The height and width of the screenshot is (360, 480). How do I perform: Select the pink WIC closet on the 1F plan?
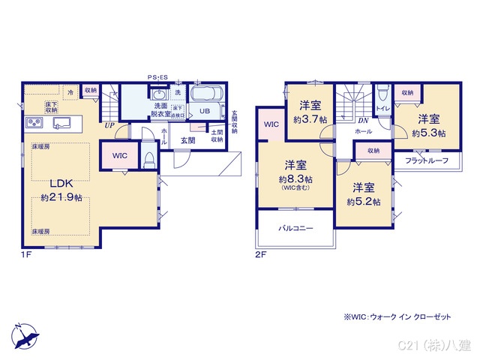(120, 156)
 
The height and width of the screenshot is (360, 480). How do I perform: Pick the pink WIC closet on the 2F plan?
(271, 124)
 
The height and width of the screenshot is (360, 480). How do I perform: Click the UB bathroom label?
(204, 110)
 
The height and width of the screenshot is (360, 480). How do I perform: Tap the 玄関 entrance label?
(187, 139)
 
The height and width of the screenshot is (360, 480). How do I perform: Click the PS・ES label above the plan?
(157, 77)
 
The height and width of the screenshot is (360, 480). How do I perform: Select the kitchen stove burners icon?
(34, 122)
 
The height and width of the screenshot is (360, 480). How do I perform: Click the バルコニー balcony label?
(295, 227)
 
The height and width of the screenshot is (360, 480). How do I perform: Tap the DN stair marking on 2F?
(363, 121)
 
